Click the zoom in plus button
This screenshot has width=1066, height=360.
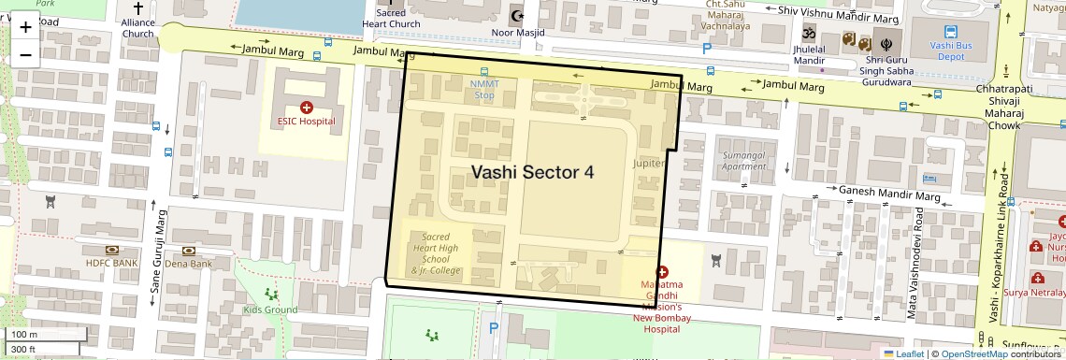click(x=25, y=27)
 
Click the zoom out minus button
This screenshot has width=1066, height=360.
click(x=25, y=54)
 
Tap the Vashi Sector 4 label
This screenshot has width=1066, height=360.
click(x=532, y=172)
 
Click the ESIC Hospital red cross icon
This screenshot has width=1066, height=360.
click(x=307, y=108)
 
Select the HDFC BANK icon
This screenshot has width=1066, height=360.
click(x=111, y=251)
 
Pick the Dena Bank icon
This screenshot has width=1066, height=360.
click(x=189, y=251)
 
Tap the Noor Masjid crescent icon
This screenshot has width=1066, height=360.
click(x=515, y=17)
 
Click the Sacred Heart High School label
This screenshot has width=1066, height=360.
click(x=436, y=253)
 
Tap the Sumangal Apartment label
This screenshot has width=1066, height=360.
click(x=744, y=160)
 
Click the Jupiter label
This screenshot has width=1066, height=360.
click(x=649, y=163)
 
